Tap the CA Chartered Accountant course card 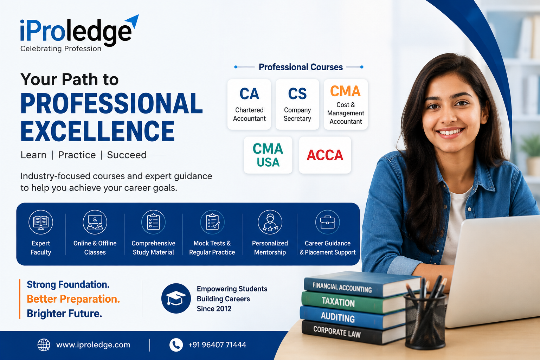coord(249,104)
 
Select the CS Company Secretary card coord(297,104)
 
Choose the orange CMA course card coord(346,104)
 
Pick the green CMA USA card coord(268,155)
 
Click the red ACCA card coord(325,155)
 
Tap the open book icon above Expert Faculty coord(41,222)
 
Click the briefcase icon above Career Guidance coord(327,222)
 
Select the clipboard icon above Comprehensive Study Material coord(153,222)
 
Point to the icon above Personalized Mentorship coord(270,222)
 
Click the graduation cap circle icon coord(176,298)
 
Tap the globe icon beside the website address coord(44,345)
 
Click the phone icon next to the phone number coord(176,345)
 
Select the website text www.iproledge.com coord(93,345)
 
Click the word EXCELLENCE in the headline coord(98,131)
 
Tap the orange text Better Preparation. coord(73,299)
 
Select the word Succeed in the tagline coord(127,155)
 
